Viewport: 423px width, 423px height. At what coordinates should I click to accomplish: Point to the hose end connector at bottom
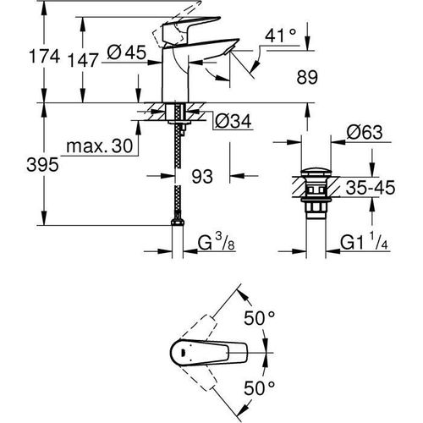pyautogui.click(x=178, y=224)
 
